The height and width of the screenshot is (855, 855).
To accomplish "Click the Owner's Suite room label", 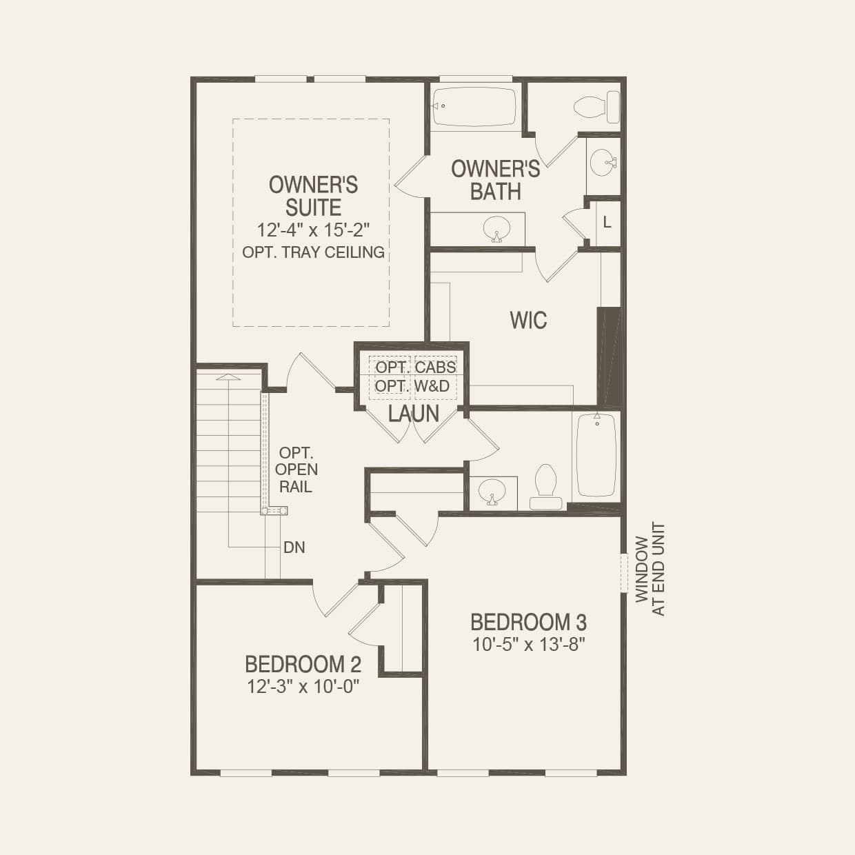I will coord(313,196).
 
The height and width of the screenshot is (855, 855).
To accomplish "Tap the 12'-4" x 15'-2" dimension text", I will coord(313,230).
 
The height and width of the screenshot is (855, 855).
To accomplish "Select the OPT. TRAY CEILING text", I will coord(313,252).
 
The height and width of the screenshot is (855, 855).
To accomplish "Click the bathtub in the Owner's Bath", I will coord(474,106).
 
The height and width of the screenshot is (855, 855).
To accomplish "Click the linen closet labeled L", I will coord(607,223).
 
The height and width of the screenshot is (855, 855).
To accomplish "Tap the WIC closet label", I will coord(528,320).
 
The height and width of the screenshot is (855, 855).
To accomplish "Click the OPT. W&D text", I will coord(412,386).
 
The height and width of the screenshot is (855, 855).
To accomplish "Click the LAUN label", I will coord(414,414).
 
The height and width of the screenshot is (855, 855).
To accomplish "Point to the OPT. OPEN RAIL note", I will coord(296,470).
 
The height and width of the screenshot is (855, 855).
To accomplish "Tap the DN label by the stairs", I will coord(294,548).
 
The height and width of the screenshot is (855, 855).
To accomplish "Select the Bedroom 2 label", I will coord(303,664).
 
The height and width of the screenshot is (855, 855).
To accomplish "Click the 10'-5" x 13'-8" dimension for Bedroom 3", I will coord(529,645).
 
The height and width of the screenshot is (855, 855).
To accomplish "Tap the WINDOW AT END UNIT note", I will coord(650,570).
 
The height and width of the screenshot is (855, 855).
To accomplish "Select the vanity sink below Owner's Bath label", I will coord(495,228).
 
